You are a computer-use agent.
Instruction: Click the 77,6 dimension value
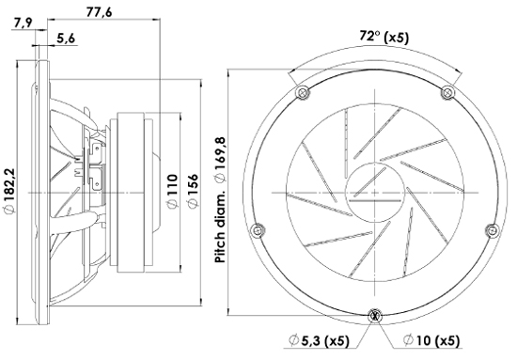pyautogui.click(x=99, y=12)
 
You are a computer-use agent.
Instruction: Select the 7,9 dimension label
pyautogui.click(x=23, y=23)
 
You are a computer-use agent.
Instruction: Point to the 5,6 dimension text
pyautogui.click(x=66, y=39)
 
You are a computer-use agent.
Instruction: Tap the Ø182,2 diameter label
pyautogui.click(x=9, y=191)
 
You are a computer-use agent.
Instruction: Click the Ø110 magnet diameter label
pyautogui.click(x=172, y=191)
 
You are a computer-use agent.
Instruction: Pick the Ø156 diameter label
pyautogui.click(x=193, y=191)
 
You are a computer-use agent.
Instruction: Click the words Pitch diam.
pyautogui.click(x=220, y=226)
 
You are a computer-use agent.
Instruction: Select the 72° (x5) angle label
pyautogui.click(x=384, y=37)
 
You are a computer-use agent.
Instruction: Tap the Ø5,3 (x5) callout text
pyautogui.click(x=319, y=340)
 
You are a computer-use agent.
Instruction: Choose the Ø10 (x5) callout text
pyautogui.click(x=431, y=340)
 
